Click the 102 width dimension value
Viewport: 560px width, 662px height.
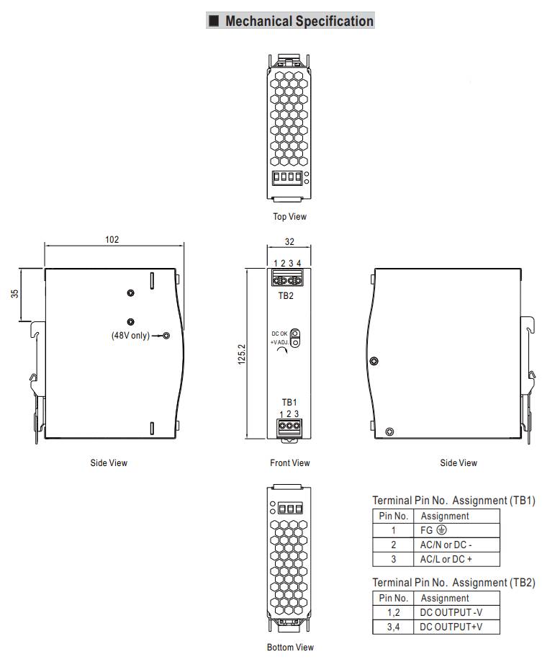pos(112,239)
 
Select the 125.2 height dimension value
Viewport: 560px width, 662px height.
pos(241,354)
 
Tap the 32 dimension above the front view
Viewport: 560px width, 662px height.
pos(289,241)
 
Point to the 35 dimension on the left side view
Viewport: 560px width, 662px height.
pos(15,293)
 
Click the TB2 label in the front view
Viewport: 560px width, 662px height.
pos(286,295)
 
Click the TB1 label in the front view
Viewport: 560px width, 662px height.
pos(289,402)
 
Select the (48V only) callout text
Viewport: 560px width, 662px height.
pos(130,335)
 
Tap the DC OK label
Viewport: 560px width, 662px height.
pos(279,334)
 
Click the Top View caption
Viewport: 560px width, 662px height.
pos(289,217)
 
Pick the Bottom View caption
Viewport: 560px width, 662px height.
pos(290,647)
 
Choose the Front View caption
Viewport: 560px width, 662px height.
pos(290,462)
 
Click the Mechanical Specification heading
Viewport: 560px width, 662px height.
pos(299,21)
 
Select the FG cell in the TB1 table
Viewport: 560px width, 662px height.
pos(433,530)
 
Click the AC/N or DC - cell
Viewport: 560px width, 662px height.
pos(446,545)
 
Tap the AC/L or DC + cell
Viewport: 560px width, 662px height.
pos(446,559)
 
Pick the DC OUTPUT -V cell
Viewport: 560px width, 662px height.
pos(451,612)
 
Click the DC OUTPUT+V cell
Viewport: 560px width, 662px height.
pos(451,627)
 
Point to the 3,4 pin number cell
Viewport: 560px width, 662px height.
pos(393,627)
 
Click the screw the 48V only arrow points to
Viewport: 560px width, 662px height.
pos(166,336)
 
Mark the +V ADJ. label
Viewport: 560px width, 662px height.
pos(279,342)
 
